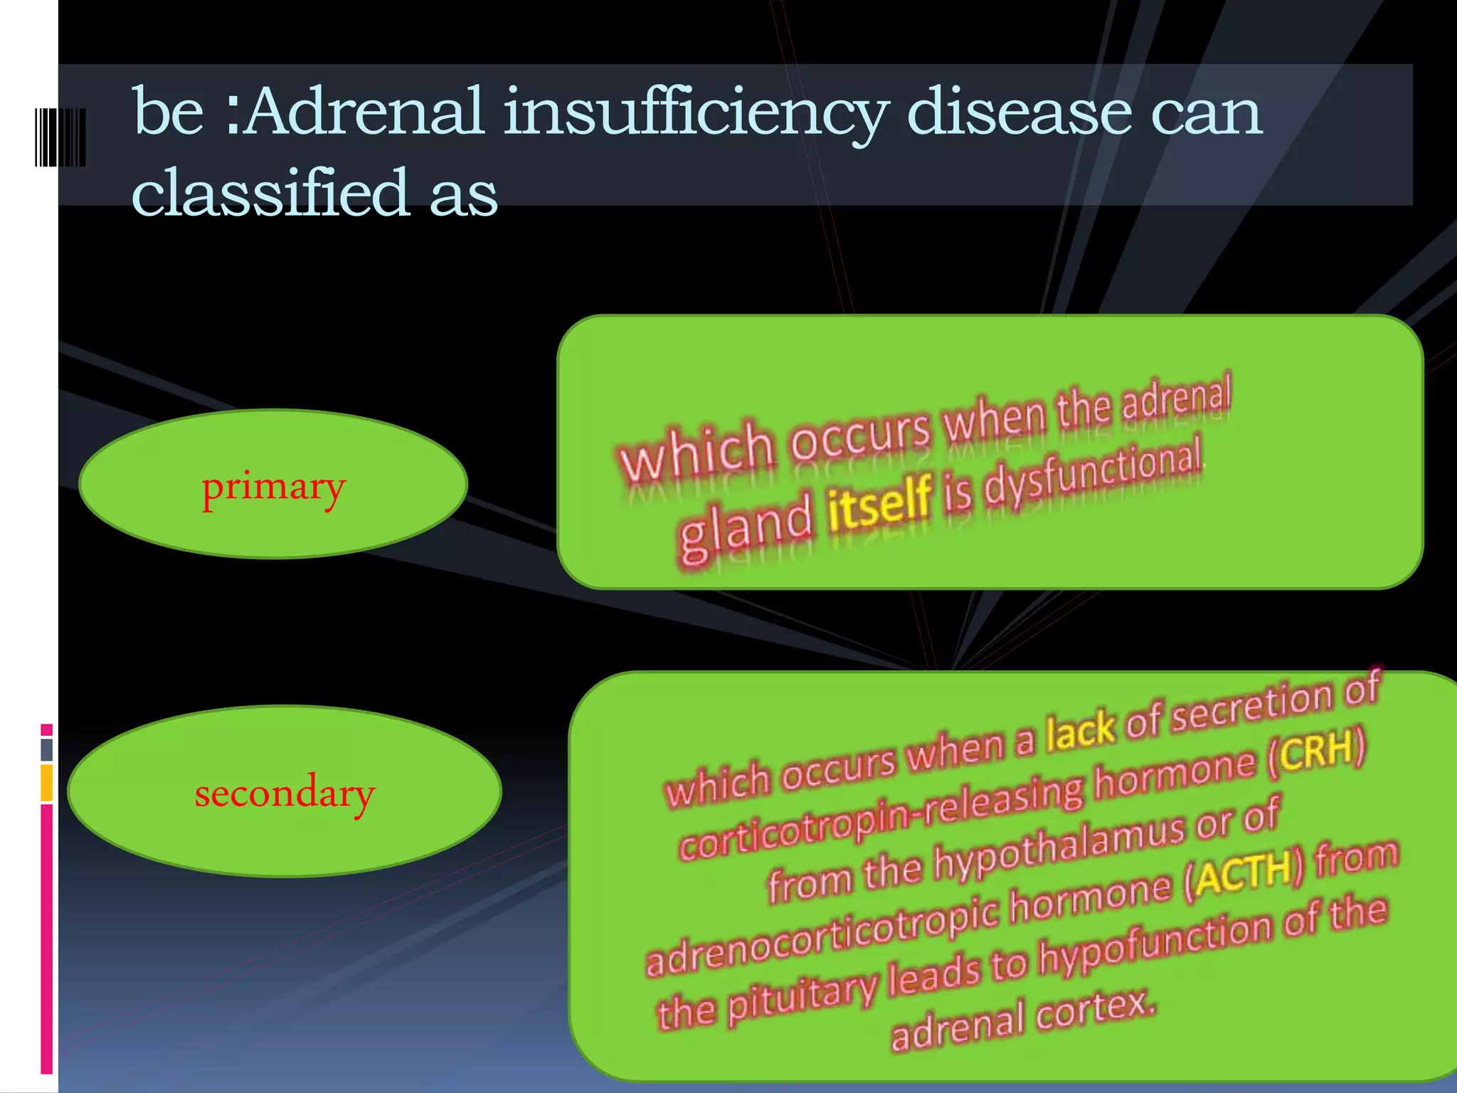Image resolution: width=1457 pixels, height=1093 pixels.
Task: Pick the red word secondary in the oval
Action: coord(284,793)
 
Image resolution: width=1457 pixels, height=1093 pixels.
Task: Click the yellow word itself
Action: coord(879,502)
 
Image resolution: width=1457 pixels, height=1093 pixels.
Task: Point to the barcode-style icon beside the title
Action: coord(60,137)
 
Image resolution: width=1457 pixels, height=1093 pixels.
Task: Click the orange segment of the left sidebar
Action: coord(47,783)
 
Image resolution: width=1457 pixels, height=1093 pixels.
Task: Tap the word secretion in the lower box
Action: coord(1252,707)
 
